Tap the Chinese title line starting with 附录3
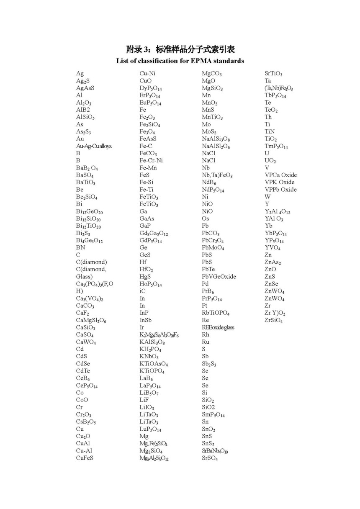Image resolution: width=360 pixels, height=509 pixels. [x=180, y=49]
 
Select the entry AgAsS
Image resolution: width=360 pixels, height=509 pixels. [x=85, y=88]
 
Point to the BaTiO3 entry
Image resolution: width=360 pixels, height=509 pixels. [x=86, y=183]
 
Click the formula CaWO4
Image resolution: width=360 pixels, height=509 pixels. [x=86, y=342]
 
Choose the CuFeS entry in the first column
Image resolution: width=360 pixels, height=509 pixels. [x=85, y=458]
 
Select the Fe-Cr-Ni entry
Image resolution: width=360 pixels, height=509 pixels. [x=151, y=160]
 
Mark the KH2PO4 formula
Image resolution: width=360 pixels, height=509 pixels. [x=150, y=349]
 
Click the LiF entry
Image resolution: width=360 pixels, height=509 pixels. [x=144, y=400]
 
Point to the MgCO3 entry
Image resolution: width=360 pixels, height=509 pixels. [x=212, y=74]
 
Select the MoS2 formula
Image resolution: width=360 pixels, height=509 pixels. [x=209, y=131]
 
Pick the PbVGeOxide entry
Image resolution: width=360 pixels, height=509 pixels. [x=219, y=276]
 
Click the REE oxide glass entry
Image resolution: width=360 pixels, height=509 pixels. [x=218, y=327]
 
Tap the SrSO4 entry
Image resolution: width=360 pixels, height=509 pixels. [x=210, y=458]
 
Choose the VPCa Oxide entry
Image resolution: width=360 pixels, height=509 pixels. [x=280, y=175]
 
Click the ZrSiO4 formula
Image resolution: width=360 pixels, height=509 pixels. [x=274, y=320]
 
